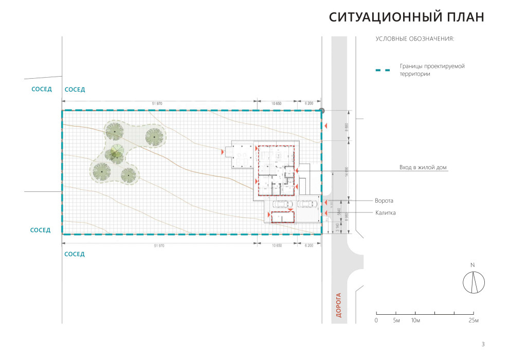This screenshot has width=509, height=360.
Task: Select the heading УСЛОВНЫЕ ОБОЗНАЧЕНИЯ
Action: [x=414, y=39]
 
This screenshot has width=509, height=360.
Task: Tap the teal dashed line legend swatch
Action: [x=383, y=70]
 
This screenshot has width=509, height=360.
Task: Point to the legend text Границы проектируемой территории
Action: [x=432, y=70]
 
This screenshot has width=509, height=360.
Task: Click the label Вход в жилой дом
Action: [x=423, y=168]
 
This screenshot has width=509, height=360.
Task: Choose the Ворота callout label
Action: [x=384, y=201]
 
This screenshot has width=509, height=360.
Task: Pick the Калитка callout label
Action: [x=385, y=213]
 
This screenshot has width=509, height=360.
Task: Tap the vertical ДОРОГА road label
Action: [x=339, y=305]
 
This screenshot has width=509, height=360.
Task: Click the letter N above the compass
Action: [x=472, y=265]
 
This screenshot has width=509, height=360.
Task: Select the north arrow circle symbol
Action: [x=474, y=282]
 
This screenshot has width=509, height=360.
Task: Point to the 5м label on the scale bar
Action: [x=396, y=321]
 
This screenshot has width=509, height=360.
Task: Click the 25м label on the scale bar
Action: [x=473, y=321]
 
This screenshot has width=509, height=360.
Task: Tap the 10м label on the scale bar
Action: [x=415, y=321]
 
